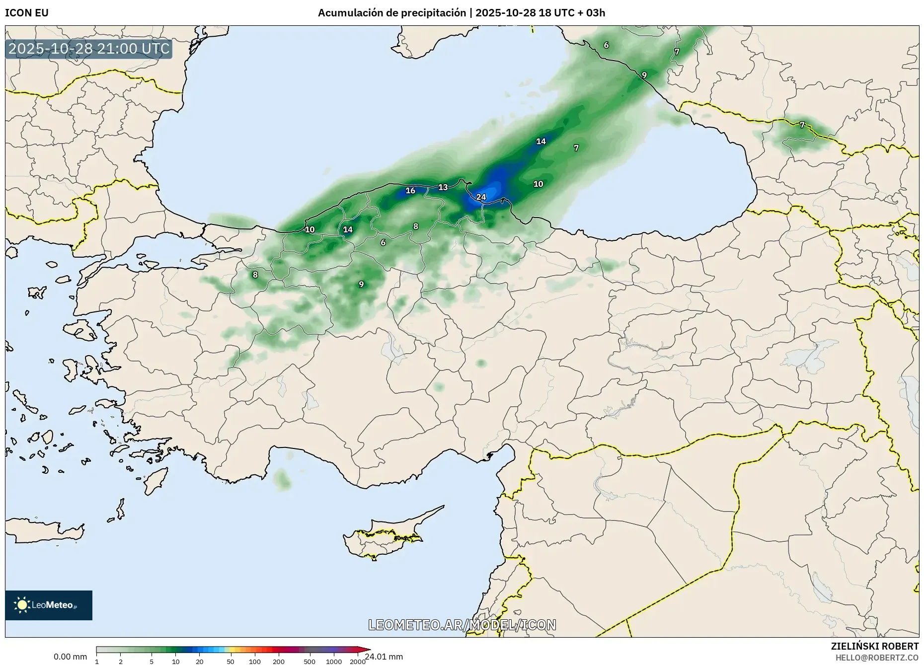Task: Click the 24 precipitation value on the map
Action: (x=481, y=197)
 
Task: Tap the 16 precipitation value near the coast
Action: (x=410, y=191)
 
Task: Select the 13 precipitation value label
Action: (x=443, y=187)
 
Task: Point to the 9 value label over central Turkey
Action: (x=361, y=285)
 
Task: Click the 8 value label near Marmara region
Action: (x=255, y=275)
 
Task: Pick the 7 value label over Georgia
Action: (x=802, y=125)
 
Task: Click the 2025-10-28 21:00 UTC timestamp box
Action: (x=89, y=49)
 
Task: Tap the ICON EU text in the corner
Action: (x=27, y=13)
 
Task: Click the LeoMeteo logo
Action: (x=49, y=605)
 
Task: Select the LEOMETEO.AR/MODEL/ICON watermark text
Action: (x=462, y=625)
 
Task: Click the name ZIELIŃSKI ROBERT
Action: (x=874, y=646)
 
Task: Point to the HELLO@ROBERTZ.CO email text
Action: (x=877, y=658)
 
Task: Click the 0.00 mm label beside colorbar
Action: (x=70, y=657)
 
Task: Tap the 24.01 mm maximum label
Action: (x=384, y=657)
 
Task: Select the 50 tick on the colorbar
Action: (x=230, y=662)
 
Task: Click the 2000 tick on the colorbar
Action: (x=358, y=662)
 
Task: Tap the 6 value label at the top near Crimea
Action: (x=606, y=45)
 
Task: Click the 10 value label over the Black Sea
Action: (x=538, y=184)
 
